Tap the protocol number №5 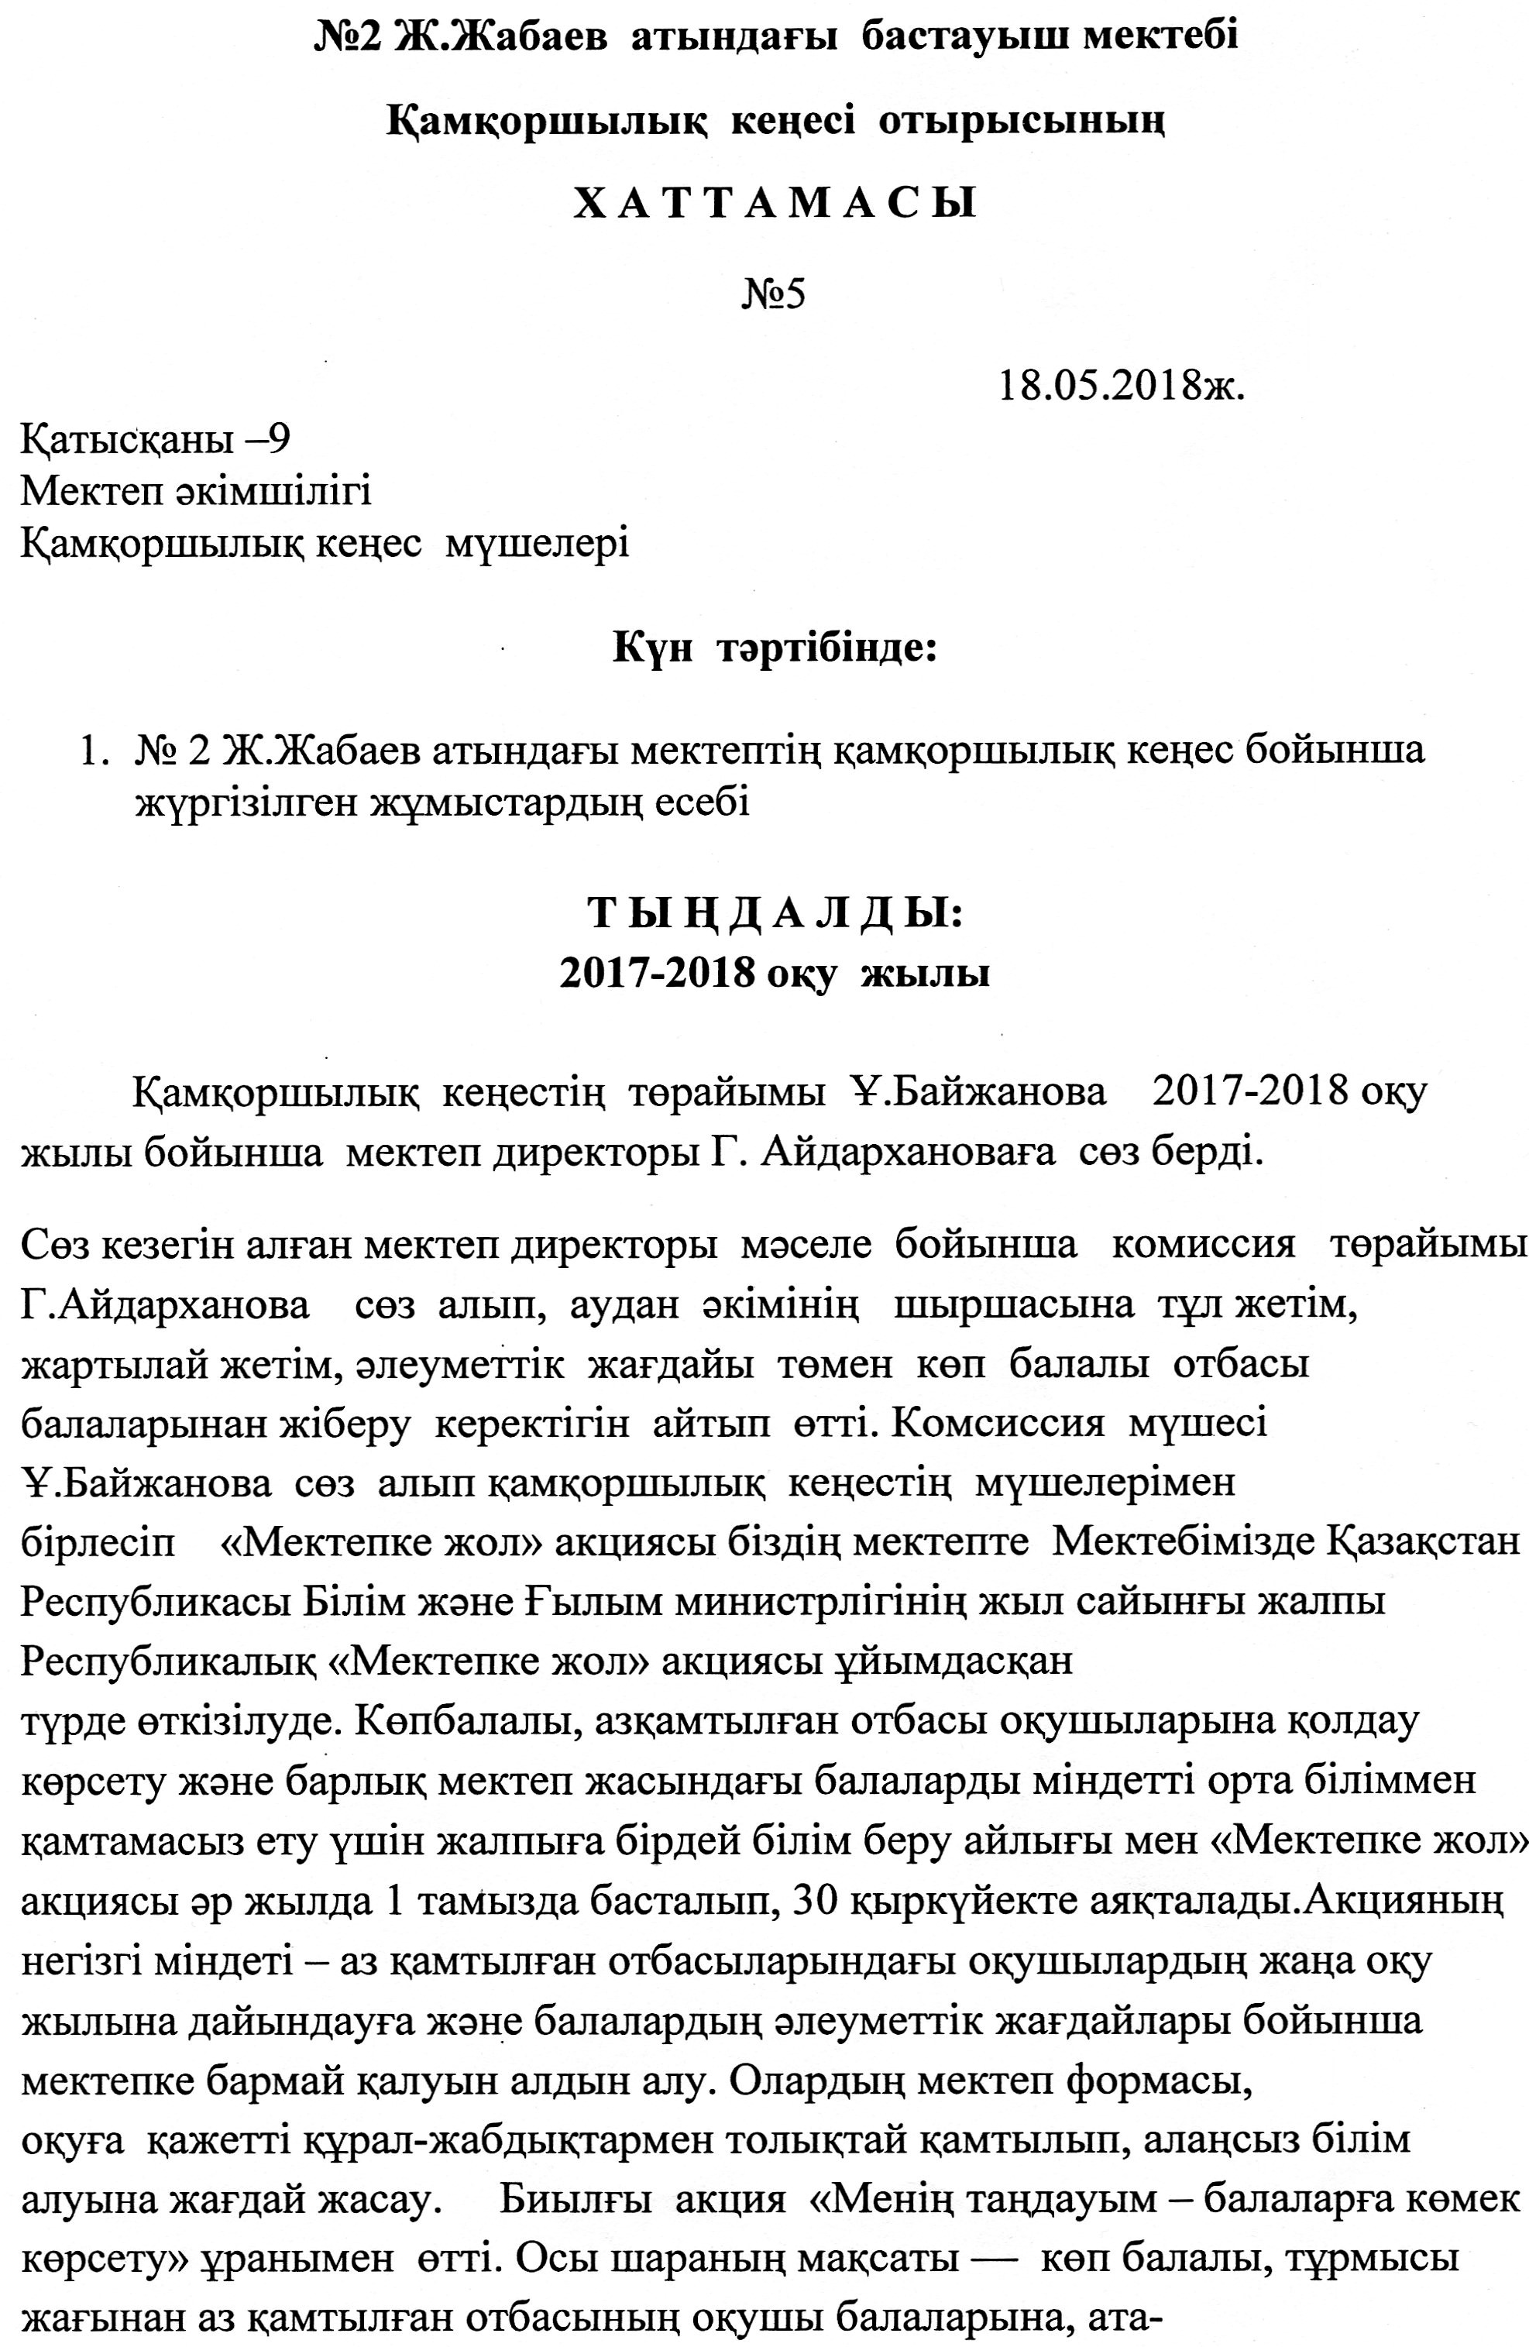point(774,294)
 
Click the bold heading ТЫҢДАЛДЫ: point(774,912)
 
